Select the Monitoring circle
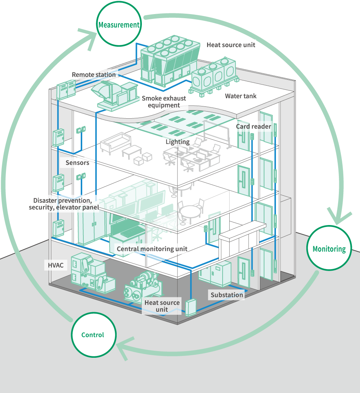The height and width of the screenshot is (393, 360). point(329,249)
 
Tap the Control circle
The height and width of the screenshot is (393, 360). point(93,335)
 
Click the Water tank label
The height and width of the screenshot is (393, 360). point(241,96)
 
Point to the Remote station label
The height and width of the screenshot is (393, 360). point(94,75)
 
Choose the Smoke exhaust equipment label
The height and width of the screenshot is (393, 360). point(164,102)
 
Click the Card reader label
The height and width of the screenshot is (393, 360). point(254,126)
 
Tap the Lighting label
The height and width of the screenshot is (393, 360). point(177,142)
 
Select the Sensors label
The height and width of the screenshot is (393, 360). point(77,162)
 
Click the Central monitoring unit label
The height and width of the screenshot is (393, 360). point(152,249)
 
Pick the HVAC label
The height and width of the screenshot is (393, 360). point(56,265)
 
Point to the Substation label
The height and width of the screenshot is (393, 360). point(227,295)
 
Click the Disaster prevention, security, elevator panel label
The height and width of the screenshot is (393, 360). point(64,204)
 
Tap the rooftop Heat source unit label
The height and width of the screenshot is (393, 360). point(231,45)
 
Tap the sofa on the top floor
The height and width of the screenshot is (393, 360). point(115,142)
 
